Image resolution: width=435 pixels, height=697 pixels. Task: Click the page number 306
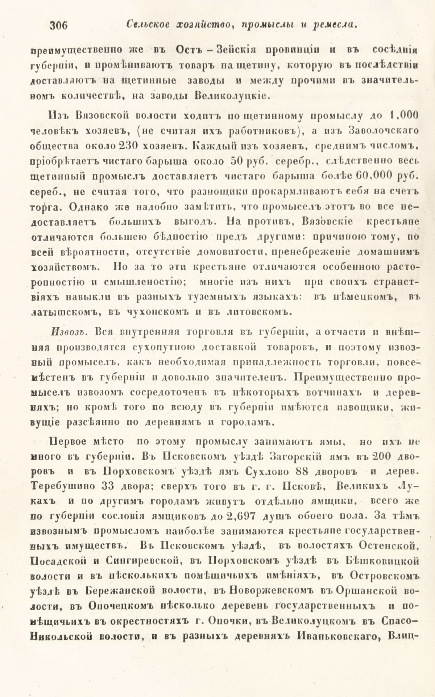(x=59, y=26)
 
